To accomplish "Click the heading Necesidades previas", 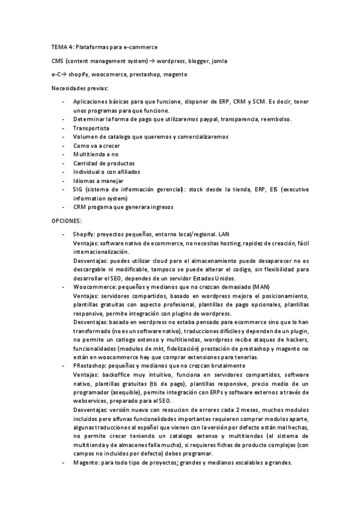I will (76, 88).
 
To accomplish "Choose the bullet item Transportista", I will (91, 128).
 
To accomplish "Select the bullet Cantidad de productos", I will (104, 163).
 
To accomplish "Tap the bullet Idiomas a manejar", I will (99, 180).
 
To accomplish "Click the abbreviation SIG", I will (79, 189).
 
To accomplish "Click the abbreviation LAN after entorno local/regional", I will (224, 233).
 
